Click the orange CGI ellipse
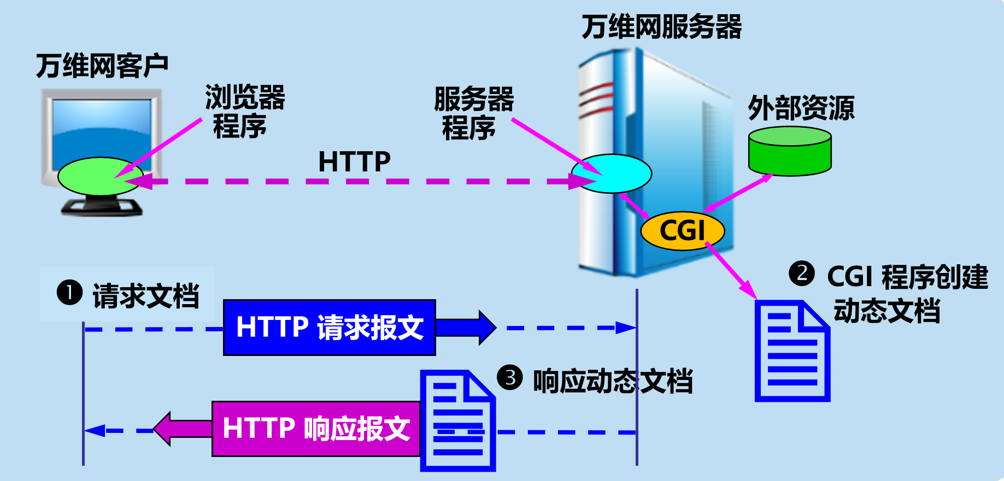(x=682, y=230)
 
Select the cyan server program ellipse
(x=612, y=174)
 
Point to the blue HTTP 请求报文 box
(x=330, y=328)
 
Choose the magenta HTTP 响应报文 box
(x=316, y=429)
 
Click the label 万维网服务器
(x=661, y=27)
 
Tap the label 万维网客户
(x=102, y=66)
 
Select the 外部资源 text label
(x=801, y=108)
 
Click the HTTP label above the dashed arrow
(x=354, y=162)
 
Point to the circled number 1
(x=69, y=293)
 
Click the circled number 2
(x=802, y=273)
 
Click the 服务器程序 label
(x=473, y=114)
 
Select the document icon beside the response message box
(x=458, y=420)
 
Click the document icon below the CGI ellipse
(x=792, y=352)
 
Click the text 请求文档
(x=146, y=296)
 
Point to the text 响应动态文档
(x=613, y=381)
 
